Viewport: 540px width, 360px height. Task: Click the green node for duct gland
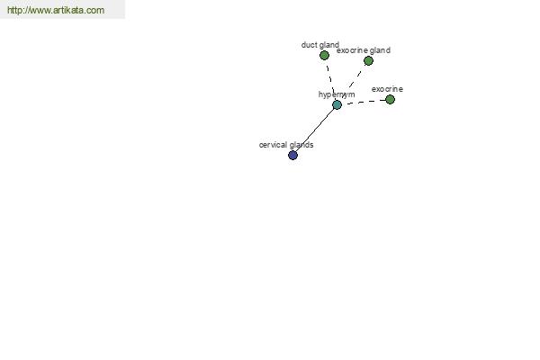click(324, 55)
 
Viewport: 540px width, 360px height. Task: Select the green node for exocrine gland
click(368, 61)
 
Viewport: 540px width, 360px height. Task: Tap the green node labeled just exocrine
click(391, 100)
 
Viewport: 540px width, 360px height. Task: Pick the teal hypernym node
click(337, 104)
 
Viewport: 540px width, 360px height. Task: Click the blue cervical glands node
click(292, 156)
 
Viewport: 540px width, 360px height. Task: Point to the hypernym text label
click(337, 94)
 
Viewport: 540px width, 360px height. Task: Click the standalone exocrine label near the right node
click(387, 89)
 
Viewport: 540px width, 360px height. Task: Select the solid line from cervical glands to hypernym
click(315, 130)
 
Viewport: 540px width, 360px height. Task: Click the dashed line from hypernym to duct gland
click(330, 80)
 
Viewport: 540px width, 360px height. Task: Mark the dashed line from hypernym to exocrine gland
click(353, 83)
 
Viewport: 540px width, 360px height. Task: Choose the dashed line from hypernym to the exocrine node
click(364, 102)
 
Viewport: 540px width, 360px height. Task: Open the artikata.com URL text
click(56, 10)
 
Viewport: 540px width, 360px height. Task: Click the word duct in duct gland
click(309, 45)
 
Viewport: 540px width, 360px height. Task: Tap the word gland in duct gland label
click(328, 45)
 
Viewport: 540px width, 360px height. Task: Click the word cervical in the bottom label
click(274, 145)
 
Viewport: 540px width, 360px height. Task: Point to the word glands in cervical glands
click(301, 145)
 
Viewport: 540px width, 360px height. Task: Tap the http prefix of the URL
click(14, 10)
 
